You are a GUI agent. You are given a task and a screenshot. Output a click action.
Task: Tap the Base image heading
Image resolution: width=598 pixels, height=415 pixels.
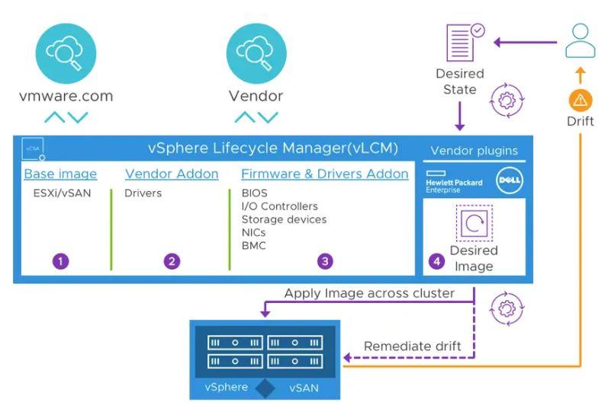point(60,174)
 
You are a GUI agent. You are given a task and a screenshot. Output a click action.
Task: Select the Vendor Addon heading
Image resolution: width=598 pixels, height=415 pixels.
point(172,174)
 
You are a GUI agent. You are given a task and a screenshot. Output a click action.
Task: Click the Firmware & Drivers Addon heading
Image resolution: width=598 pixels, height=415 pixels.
point(325,174)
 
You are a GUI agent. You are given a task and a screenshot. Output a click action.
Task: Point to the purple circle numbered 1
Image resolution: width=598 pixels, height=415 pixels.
point(60,261)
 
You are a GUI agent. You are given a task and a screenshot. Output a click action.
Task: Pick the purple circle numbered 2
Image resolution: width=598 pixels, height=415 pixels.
point(172,261)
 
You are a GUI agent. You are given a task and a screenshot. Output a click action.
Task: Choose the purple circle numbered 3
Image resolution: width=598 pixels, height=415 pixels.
point(325,261)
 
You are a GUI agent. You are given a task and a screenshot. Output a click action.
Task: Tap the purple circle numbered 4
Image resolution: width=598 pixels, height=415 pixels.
point(436,261)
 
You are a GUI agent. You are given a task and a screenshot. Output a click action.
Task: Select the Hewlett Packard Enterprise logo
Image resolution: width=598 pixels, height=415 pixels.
point(454,183)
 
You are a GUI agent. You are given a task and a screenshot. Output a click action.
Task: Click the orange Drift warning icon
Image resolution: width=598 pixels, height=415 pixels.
point(580,100)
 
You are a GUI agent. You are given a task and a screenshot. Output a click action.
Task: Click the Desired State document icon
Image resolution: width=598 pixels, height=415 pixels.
point(461,43)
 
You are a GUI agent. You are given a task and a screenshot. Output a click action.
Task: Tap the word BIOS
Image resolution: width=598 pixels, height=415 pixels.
point(255,193)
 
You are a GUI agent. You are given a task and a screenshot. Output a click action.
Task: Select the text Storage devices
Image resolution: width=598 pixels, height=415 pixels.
point(284,219)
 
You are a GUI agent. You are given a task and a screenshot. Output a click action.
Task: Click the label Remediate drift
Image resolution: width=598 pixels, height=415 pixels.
point(412,346)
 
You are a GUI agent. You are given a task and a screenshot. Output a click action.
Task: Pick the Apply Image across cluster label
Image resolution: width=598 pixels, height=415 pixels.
point(369,293)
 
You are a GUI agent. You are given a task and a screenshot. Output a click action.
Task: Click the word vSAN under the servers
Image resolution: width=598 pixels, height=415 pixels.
point(304,388)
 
